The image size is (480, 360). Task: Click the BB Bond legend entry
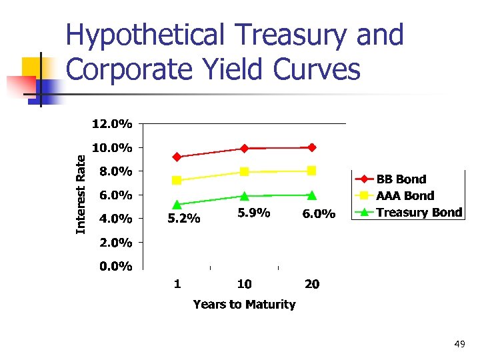[401, 179]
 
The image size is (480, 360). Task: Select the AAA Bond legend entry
[405, 196]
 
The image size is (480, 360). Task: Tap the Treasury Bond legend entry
[419, 213]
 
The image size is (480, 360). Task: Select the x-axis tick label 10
[244, 284]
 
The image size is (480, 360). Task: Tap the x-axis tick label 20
[311, 284]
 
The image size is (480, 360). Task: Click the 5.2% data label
[183, 218]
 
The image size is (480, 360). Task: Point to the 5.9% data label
[253, 213]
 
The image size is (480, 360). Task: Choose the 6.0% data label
[319, 214]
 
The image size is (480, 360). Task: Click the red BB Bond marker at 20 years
[312, 147]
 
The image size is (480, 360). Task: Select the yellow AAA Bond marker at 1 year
[177, 180]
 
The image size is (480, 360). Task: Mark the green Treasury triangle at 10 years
[245, 196]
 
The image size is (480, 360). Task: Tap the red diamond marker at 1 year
[177, 157]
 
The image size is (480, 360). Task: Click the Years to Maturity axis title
[244, 305]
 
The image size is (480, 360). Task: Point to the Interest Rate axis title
[81, 194]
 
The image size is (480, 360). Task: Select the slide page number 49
[459, 344]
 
